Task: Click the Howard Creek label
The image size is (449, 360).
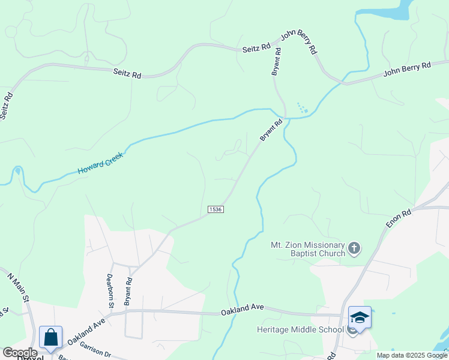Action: coord(100,163)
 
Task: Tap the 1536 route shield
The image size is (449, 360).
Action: coord(216,209)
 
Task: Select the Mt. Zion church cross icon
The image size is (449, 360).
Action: coord(355,248)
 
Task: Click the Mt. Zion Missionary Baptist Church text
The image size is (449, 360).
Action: coord(308,249)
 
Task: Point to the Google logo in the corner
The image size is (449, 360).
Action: coord(19,353)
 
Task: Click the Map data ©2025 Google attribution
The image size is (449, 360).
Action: coord(411,355)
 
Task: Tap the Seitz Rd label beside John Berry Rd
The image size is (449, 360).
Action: coord(256,49)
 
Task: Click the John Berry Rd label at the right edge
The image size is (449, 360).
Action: coord(408,71)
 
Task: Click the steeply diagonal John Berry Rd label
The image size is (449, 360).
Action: coord(298,43)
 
